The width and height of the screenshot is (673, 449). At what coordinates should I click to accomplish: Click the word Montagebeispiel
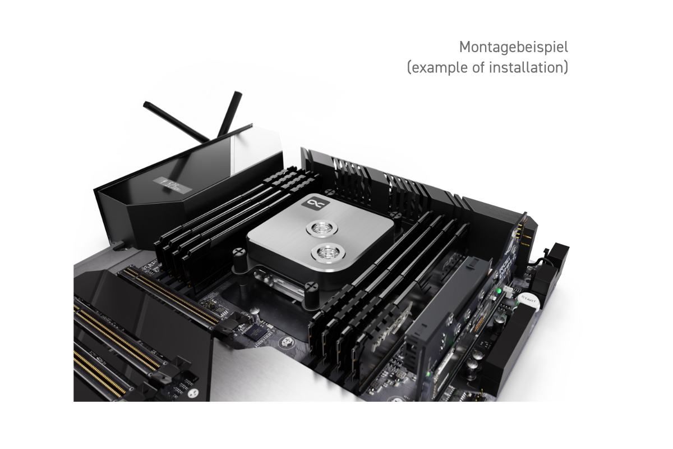513,46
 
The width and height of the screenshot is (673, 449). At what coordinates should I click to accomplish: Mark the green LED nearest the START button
499,291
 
